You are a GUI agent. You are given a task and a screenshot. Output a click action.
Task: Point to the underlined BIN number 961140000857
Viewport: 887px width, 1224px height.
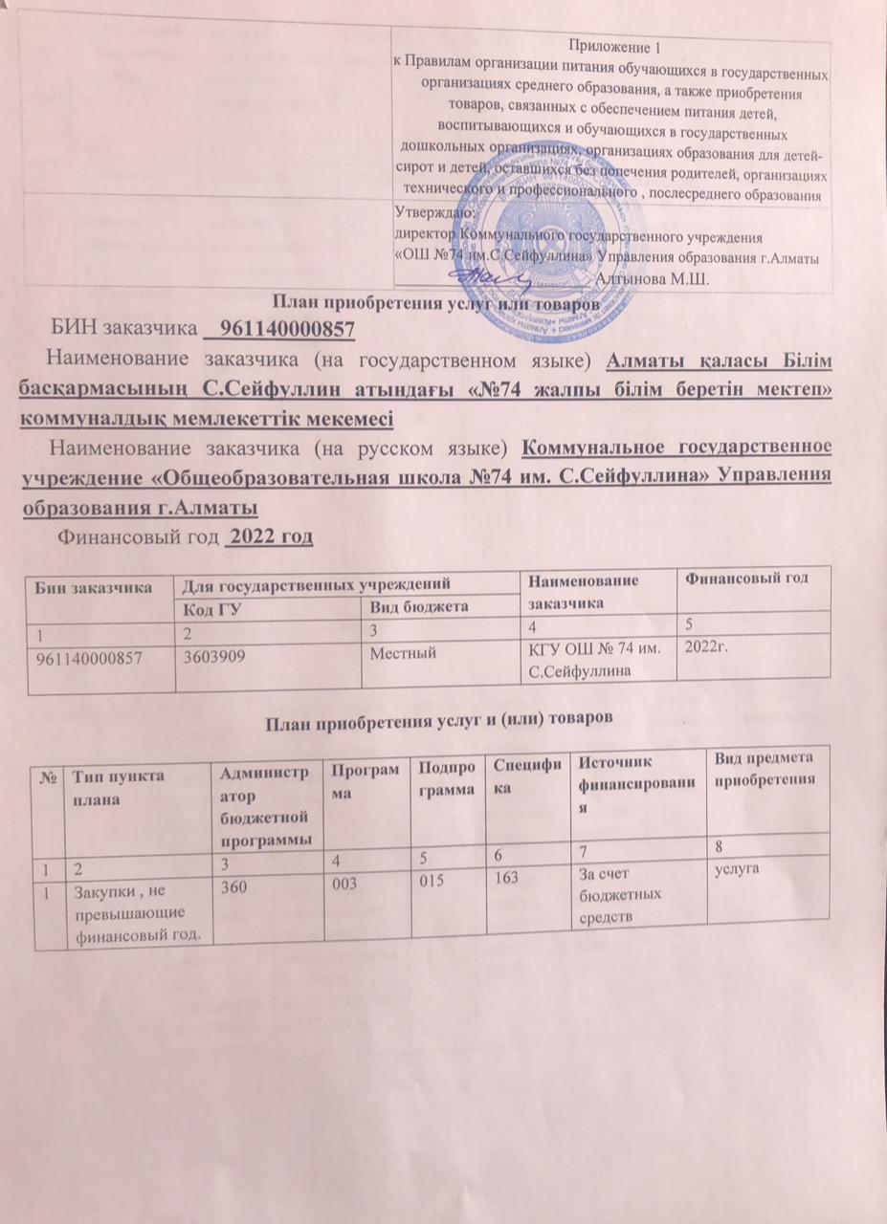[x=287, y=330]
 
